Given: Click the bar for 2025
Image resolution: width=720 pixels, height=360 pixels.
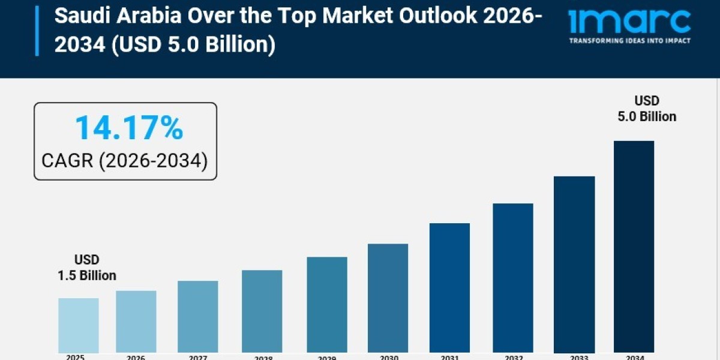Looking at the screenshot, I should pyautogui.click(x=79, y=325).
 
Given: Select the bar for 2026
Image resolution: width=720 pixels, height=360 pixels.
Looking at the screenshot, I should pyautogui.click(x=136, y=322).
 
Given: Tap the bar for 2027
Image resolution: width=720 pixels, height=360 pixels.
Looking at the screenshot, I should pyautogui.click(x=198, y=317).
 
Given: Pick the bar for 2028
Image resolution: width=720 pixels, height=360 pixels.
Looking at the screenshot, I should pyautogui.click(x=262, y=311).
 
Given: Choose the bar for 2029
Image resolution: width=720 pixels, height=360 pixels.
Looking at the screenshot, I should pyautogui.click(x=327, y=305).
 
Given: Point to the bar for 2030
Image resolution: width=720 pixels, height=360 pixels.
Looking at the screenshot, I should pyautogui.click(x=388, y=298).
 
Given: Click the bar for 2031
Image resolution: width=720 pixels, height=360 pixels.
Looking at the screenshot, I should pyautogui.click(x=449, y=288).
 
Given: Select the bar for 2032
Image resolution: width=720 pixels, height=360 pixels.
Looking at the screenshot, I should pyautogui.click(x=513, y=278).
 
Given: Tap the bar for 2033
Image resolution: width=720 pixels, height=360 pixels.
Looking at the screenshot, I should pyautogui.click(x=574, y=265).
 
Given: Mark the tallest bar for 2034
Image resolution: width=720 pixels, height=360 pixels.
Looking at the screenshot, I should pyautogui.click(x=634, y=247).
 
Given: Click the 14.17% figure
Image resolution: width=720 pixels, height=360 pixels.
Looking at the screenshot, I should pyautogui.click(x=128, y=128).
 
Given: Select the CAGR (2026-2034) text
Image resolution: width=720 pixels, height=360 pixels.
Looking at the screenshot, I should pyautogui.click(x=125, y=160).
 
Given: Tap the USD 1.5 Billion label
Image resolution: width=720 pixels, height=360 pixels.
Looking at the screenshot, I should pyautogui.click(x=87, y=268).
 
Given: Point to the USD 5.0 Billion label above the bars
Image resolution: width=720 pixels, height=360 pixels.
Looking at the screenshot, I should pyautogui.click(x=647, y=109).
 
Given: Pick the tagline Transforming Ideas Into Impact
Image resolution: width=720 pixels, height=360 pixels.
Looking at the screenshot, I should pyautogui.click(x=629, y=41).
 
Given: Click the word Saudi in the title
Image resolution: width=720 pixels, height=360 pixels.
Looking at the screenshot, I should pyautogui.click(x=78, y=17).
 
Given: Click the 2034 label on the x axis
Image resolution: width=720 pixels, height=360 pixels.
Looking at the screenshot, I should pyautogui.click(x=635, y=358).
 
